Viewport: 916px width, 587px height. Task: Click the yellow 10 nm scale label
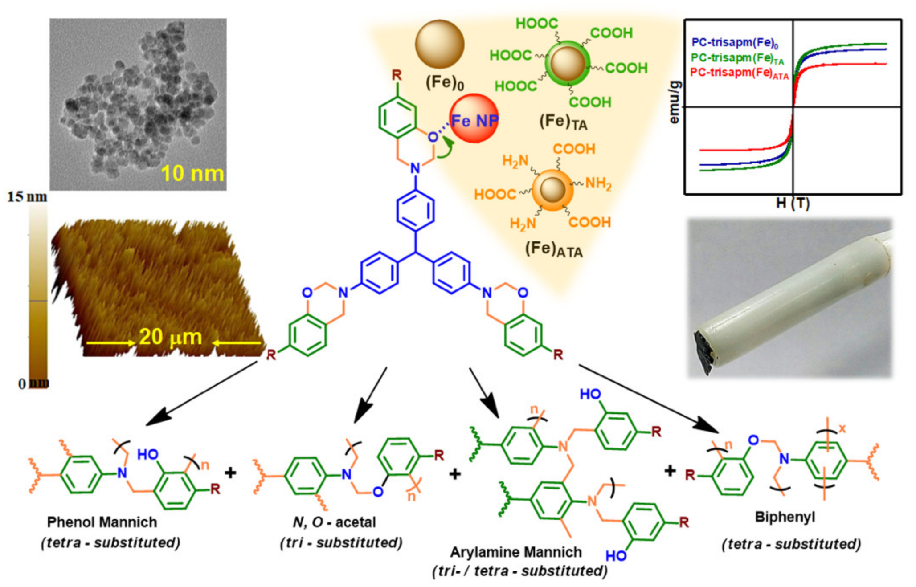192,174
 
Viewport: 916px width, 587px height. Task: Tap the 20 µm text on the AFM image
171,338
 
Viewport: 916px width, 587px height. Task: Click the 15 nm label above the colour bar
27,197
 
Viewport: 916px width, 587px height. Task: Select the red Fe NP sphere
474,119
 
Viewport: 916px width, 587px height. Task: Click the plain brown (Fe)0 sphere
439,44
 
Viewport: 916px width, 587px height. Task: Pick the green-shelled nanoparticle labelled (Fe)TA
567,64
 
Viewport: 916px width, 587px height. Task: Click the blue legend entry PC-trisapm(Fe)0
734,43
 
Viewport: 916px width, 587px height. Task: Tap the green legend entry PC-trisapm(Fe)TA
737,58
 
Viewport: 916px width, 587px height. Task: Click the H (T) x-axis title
793,204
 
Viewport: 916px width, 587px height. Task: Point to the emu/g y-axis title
675,102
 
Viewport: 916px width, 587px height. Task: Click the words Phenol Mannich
102,522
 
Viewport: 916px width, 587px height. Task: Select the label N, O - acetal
334,522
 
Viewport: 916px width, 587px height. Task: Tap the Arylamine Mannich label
515,552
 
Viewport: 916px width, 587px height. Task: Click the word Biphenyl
785,517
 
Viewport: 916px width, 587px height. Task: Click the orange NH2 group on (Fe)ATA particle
597,183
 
